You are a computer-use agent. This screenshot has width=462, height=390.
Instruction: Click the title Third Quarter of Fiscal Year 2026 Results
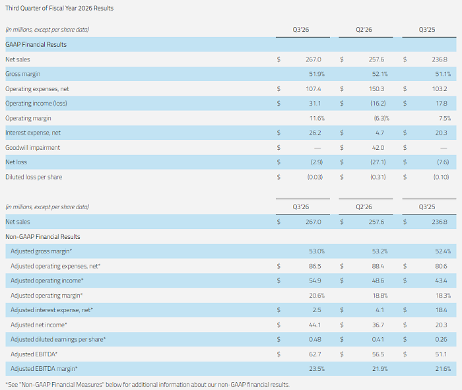(x=59, y=8)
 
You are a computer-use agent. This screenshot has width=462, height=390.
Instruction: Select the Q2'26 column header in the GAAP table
(x=364, y=30)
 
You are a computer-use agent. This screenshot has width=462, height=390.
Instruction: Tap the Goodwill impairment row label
(x=32, y=147)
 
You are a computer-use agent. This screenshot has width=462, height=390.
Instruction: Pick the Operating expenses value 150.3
(x=377, y=88)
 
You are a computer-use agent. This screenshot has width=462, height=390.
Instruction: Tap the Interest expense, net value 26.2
(x=313, y=133)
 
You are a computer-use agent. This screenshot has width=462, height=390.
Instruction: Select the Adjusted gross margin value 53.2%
(x=377, y=251)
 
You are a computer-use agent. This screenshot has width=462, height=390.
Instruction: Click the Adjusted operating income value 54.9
(x=313, y=280)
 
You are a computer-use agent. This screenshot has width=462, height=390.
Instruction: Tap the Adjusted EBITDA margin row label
(x=44, y=368)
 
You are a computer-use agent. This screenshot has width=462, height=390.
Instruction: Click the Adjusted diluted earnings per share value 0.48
(x=313, y=339)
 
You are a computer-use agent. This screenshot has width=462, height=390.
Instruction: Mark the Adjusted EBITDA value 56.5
(x=377, y=354)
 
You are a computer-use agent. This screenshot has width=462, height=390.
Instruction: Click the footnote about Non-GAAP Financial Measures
(x=147, y=384)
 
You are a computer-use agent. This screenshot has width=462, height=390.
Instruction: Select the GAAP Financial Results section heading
(x=36, y=44)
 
